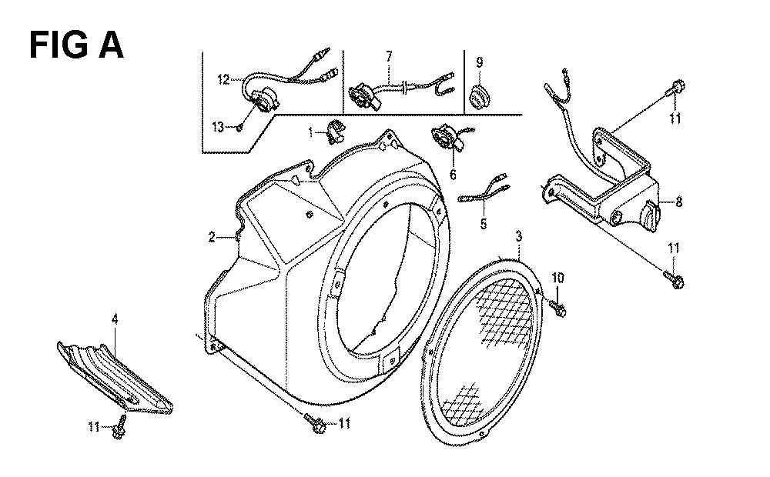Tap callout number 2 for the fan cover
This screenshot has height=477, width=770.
[x=212, y=238]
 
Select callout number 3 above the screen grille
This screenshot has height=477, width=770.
[x=519, y=236]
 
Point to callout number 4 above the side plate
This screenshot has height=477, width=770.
[x=115, y=319]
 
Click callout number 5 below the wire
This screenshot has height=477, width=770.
[x=484, y=225]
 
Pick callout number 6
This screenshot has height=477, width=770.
[x=453, y=174]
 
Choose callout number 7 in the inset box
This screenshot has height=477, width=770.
[x=389, y=56]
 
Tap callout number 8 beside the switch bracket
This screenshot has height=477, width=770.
[x=678, y=202]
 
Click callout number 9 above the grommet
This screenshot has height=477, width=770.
[x=479, y=62]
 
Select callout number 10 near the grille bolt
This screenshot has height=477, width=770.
[x=557, y=279]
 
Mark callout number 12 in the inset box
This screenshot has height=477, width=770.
[x=223, y=79]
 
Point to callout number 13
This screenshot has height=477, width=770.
[x=218, y=128]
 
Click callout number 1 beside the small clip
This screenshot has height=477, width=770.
[x=310, y=132]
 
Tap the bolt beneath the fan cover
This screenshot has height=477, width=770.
[x=314, y=422]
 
